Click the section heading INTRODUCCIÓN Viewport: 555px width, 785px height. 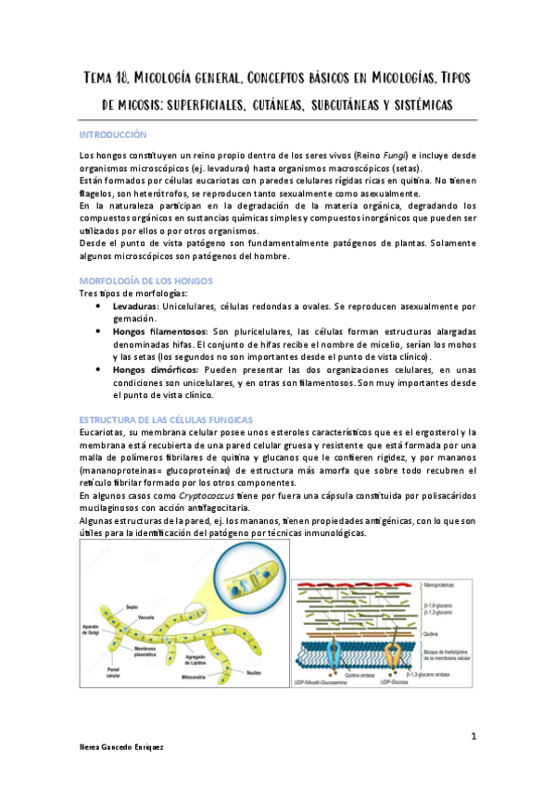113,135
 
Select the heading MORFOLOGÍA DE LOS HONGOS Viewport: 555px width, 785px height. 146,280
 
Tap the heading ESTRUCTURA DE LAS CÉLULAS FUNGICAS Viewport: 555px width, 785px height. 159,419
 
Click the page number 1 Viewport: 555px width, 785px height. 473,737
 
